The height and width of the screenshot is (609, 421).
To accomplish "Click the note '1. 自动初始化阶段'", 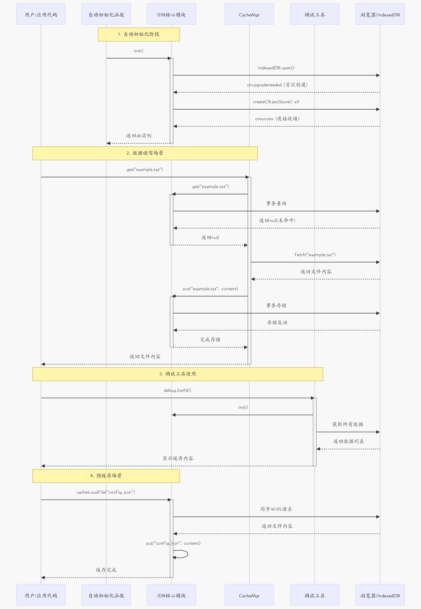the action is point(139,34).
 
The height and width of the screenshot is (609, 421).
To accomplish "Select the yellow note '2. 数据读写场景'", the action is point(145,153).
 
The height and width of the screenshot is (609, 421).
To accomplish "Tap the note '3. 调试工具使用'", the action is point(178,374).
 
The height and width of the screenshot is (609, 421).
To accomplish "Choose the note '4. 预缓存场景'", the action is point(106,476).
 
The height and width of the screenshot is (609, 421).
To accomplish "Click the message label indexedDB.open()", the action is point(276,68).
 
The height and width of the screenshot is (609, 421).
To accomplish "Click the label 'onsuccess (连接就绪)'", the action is point(277,119).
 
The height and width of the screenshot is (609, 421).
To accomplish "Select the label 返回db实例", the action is point(139,136).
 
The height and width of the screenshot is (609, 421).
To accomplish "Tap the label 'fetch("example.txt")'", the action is point(315,255).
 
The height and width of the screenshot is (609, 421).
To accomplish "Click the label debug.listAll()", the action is point(178,390).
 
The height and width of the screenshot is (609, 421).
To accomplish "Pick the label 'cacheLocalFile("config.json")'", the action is point(106,492).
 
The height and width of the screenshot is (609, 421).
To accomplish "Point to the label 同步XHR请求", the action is point(276,509).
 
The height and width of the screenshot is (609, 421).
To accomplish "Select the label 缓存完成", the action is point(106,570).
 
